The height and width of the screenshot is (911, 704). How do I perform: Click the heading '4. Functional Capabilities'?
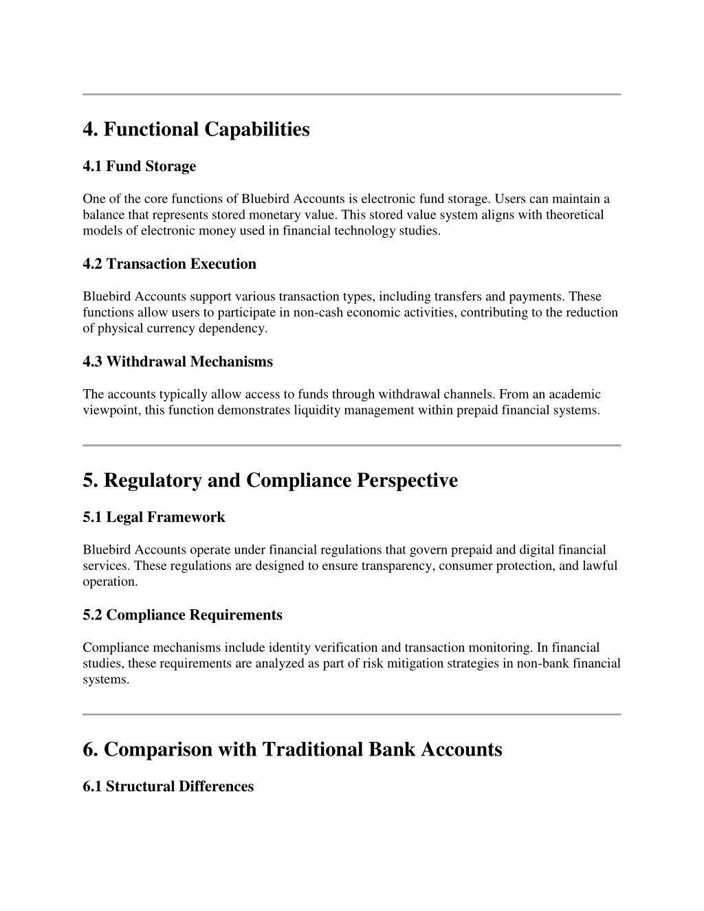pyautogui.click(x=196, y=129)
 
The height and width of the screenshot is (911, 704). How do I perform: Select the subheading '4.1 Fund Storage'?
pyautogui.click(x=139, y=166)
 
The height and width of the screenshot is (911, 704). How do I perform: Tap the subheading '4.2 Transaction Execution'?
pyautogui.click(x=169, y=264)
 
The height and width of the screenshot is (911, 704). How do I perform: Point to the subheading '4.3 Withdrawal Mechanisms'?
pyautogui.click(x=177, y=362)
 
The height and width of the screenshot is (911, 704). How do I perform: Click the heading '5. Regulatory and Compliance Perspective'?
pyautogui.click(x=269, y=480)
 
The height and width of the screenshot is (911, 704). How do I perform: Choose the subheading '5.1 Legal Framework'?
pyautogui.click(x=153, y=517)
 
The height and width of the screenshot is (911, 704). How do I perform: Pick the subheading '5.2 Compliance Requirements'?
pyautogui.click(x=182, y=615)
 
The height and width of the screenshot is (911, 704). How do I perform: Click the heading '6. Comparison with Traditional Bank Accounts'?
pyautogui.click(x=292, y=749)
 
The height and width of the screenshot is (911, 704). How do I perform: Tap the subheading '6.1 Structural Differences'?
pyautogui.click(x=168, y=787)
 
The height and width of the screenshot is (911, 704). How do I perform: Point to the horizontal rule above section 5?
pyautogui.click(x=351, y=446)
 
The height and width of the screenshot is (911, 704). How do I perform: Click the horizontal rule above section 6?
pyautogui.click(x=351, y=714)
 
